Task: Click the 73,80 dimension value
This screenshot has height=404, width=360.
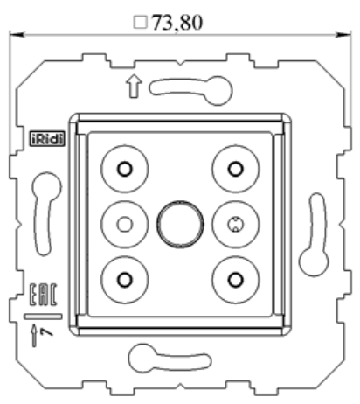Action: click(178, 22)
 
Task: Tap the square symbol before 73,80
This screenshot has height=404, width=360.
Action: click(142, 22)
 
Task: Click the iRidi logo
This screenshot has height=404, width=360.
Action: click(45, 139)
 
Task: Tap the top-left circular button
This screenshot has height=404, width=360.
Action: click(125, 168)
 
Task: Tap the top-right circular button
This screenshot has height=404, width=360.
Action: click(233, 168)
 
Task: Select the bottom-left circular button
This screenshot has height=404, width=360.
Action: click(125, 279)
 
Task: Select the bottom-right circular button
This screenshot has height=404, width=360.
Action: click(233, 279)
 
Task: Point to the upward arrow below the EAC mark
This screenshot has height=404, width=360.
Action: click(36, 333)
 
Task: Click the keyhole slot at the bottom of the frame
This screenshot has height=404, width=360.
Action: click(168, 359)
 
